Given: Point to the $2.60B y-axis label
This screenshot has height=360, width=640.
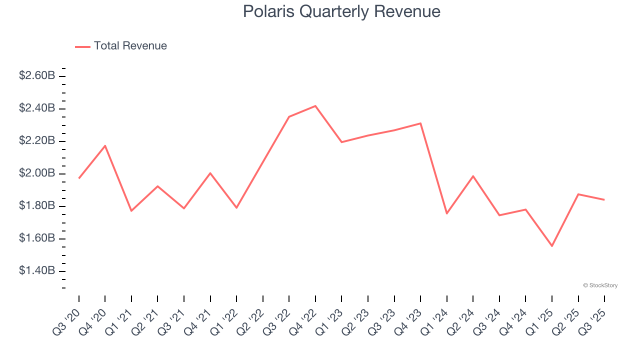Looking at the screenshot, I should point(37,76).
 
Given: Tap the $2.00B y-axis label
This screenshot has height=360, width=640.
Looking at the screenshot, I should point(37,173).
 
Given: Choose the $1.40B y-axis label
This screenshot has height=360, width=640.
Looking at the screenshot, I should point(37,271).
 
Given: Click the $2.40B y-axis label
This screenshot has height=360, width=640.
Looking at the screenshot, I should point(37,108).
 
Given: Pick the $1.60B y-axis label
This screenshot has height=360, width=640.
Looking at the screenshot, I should point(37,238).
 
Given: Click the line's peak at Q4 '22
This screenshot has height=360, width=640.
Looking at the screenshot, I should point(315,106).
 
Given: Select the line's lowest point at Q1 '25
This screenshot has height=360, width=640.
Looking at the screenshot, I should point(552,246).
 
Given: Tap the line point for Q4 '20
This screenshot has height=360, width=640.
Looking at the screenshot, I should point(105,145).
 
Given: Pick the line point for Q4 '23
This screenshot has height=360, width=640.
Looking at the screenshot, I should point(420,123).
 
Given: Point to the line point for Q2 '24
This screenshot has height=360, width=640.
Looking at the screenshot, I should point(473,176).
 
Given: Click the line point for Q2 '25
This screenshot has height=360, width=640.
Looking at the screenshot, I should point(578,194).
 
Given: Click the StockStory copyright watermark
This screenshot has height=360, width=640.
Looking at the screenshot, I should point(600,285).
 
